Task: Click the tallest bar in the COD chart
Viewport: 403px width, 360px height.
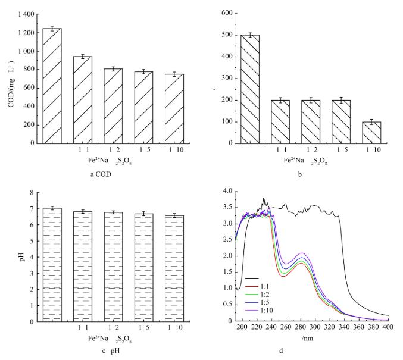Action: [52, 86]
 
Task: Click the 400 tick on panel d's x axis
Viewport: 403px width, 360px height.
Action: [388, 327]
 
